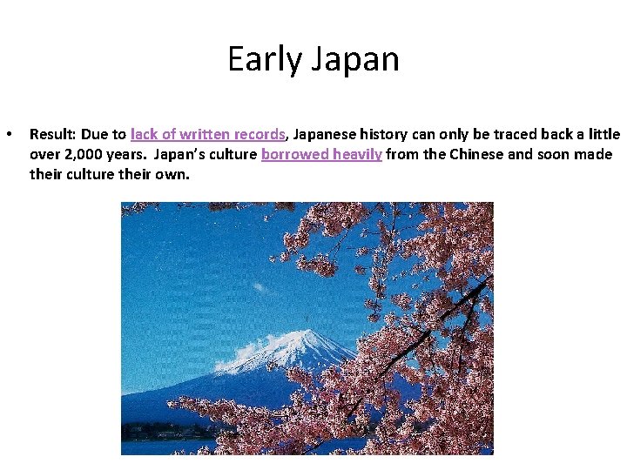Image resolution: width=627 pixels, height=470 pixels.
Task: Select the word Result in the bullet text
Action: [52, 135]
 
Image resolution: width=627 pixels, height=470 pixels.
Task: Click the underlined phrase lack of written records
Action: [208, 135]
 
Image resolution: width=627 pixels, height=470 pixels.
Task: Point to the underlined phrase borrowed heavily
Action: [321, 155]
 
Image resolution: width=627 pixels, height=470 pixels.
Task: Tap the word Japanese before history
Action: [328, 135]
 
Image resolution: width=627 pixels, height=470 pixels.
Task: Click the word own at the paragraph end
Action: [173, 174]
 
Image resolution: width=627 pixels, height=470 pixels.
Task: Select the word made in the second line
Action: [595, 155]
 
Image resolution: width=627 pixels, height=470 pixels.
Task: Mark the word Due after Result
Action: [95, 135]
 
